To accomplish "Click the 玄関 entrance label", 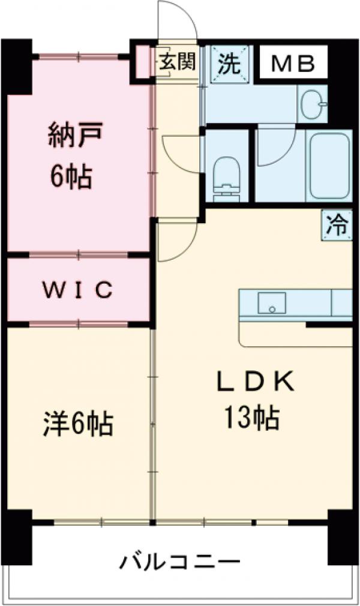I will click(x=177, y=62).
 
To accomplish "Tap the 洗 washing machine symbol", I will click(x=229, y=63).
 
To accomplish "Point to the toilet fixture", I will click(x=226, y=176).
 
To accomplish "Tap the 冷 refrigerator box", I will click(x=337, y=226).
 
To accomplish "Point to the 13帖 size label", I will click(x=251, y=418).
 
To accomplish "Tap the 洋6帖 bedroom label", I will click(x=77, y=424).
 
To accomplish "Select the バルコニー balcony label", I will click(x=179, y=562).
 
